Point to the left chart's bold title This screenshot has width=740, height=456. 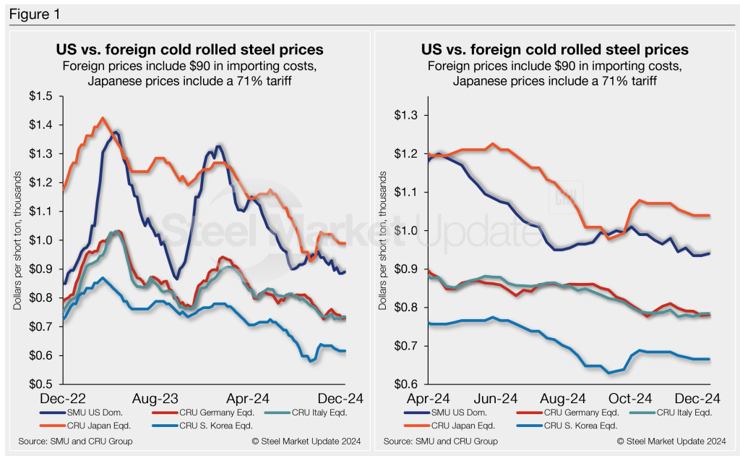click(189, 50)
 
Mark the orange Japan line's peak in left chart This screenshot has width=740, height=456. click(103, 118)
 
